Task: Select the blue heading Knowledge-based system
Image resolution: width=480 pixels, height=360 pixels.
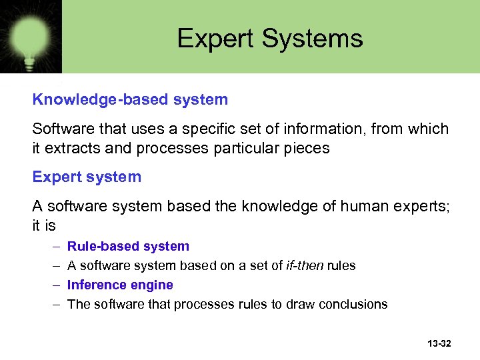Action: [130, 100]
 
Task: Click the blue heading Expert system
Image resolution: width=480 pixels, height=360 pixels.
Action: [87, 177]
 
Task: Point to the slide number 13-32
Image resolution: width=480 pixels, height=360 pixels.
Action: [438, 343]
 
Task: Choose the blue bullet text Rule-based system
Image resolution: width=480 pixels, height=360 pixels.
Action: [129, 247]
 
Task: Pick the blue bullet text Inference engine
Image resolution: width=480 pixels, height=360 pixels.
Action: [121, 285]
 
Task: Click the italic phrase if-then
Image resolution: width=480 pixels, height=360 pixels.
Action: [304, 266]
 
